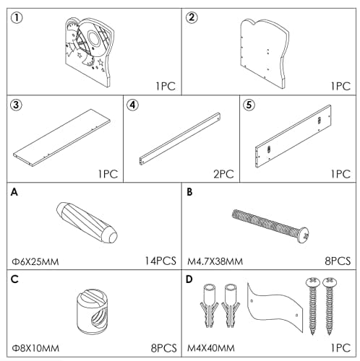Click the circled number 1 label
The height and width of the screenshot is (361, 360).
coord(17,18)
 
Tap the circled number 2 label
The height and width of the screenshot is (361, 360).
coord(192,17)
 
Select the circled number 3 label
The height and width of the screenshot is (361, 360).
coord(16,105)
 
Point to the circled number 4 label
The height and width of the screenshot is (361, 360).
coord(133,105)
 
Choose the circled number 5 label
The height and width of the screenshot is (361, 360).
coord(249,105)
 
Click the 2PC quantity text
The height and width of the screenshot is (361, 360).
coord(223,174)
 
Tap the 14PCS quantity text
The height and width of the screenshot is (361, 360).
coord(160,261)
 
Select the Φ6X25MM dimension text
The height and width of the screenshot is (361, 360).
coord(35,261)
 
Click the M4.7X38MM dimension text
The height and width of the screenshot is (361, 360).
coord(215,261)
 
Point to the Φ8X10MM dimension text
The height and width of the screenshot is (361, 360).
coord(35,348)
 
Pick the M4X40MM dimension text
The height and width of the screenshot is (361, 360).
coord(211,348)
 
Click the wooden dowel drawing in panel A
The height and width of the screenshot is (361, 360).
coord(87,222)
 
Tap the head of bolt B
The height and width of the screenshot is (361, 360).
coord(303,235)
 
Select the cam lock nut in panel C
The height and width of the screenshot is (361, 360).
coord(93,311)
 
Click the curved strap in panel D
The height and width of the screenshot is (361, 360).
coord(275,307)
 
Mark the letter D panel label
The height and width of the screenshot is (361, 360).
coord(189,279)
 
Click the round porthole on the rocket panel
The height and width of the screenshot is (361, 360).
coord(93,38)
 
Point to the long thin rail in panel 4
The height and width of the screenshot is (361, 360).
coord(180,139)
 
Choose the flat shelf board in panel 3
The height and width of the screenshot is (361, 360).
coord(61,138)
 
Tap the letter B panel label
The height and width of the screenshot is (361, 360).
coord(189,192)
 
